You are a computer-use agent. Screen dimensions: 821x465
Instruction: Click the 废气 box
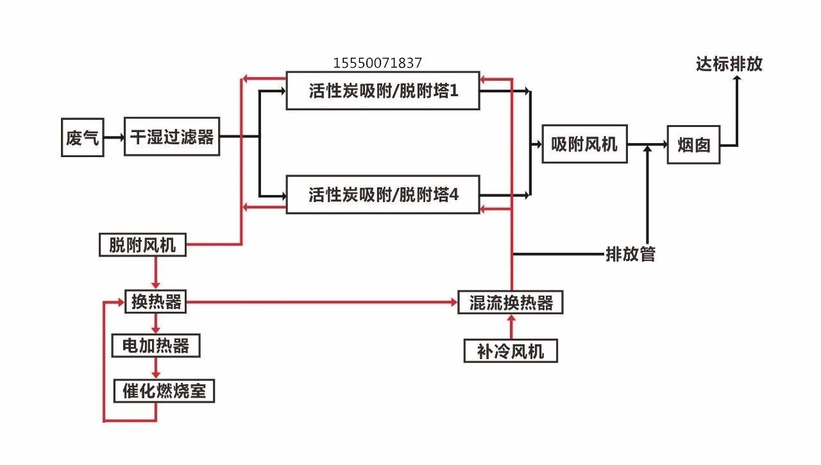tap(83, 137)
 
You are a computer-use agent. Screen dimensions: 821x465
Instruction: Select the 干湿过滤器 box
tap(172, 137)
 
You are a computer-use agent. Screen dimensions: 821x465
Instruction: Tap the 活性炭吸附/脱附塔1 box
tap(383, 90)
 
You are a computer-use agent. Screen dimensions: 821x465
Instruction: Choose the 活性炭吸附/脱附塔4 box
tap(383, 194)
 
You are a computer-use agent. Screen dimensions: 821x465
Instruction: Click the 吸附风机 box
tap(584, 144)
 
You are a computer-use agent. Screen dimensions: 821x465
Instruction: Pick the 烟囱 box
tap(693, 145)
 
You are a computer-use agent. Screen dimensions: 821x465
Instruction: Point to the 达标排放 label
tap(729, 64)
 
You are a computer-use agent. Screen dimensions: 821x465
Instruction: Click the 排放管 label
tap(631, 254)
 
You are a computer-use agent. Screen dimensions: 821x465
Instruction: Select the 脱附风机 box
tap(142, 245)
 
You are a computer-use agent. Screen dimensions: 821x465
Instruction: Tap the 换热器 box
tap(156, 301)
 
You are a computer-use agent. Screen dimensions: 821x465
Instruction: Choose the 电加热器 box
tap(156, 346)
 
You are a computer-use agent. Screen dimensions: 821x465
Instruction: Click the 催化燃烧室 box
tap(164, 391)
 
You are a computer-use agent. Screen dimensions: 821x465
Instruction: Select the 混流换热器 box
tap(511, 302)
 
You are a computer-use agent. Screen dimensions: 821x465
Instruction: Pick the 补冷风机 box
tap(511, 351)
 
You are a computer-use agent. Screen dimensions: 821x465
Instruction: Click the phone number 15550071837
tap(378, 63)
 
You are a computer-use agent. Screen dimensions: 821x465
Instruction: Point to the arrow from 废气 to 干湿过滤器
tap(114, 137)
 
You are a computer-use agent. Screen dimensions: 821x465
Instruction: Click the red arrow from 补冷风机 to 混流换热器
tap(512, 327)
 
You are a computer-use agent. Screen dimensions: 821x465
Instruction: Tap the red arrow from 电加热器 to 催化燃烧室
tap(156, 368)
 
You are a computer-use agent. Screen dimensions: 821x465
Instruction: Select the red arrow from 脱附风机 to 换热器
tap(156, 273)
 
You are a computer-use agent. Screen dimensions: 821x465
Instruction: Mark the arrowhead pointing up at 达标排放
tap(737, 78)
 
